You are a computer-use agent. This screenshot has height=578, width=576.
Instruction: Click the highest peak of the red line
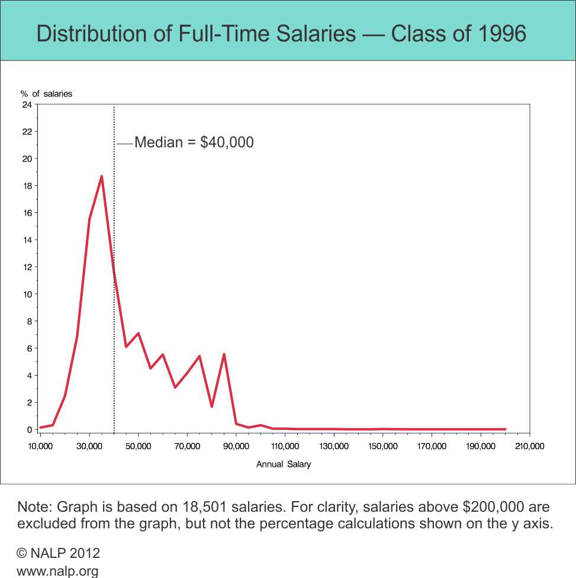click(102, 176)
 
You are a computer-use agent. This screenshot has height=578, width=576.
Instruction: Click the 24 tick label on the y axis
click(27, 105)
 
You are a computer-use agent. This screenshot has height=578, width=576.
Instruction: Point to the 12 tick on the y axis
click(27, 267)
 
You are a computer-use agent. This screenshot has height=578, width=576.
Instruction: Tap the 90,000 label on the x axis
click(236, 446)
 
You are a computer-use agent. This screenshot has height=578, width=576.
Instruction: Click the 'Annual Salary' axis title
click(284, 464)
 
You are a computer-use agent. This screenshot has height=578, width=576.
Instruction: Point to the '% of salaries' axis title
click(47, 93)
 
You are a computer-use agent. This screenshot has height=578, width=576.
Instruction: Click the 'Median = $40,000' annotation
click(194, 143)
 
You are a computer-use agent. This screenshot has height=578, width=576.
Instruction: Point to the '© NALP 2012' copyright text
click(59, 553)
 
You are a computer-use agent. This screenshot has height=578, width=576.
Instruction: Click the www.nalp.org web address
click(57, 571)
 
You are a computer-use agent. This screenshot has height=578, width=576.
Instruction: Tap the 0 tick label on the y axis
click(29, 430)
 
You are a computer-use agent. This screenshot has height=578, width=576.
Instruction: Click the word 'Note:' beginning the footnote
click(34, 507)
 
